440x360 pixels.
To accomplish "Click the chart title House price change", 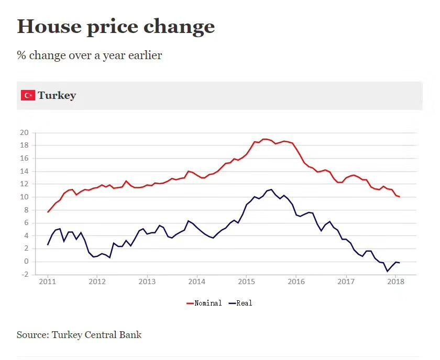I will (x=116, y=26).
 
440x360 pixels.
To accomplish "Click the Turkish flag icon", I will (x=28, y=95).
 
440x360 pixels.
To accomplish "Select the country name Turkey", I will (x=57, y=95).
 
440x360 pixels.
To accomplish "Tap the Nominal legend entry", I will (x=205, y=303).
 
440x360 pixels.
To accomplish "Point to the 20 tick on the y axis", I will (x=24, y=132).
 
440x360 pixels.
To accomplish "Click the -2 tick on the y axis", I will (x=24, y=275).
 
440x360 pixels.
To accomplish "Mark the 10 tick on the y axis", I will (x=24, y=197).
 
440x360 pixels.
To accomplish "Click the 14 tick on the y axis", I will (x=24, y=171).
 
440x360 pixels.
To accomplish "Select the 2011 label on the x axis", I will (x=48, y=282).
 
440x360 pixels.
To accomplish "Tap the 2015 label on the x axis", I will (x=246, y=282).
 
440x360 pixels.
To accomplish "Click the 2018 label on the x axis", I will (x=395, y=282).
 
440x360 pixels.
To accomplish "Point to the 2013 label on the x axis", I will (x=147, y=282).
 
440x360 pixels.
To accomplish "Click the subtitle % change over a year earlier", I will (x=90, y=55).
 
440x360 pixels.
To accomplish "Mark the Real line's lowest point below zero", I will (x=388, y=271).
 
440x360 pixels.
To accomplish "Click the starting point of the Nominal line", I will (x=48, y=212).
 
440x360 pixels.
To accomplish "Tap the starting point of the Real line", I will (x=48, y=244).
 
